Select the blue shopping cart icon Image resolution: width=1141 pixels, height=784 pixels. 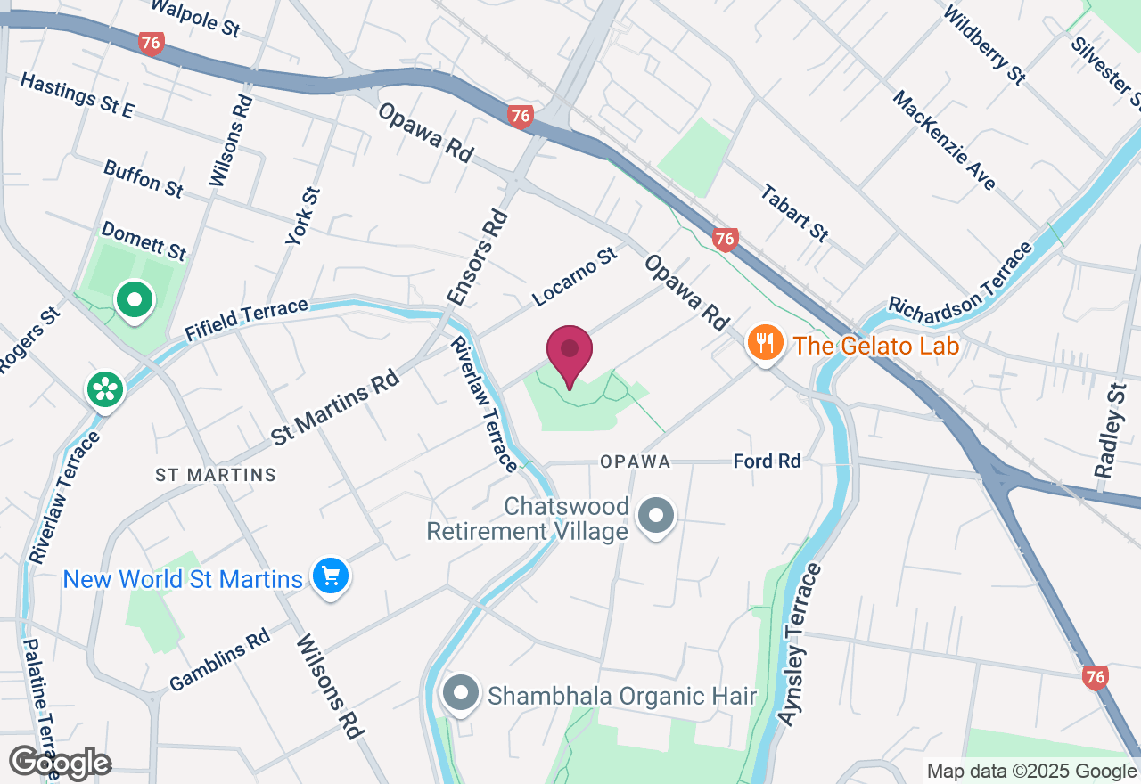(x=331, y=576)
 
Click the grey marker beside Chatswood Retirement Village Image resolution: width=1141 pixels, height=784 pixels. (x=657, y=515)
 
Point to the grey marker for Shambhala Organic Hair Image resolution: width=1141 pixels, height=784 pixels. (x=461, y=693)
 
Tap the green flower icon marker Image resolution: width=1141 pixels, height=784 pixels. (x=105, y=388)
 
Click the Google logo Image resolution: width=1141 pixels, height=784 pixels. (x=60, y=764)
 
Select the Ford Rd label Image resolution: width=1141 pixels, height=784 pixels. (x=767, y=461)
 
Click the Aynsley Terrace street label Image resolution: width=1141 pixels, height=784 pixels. (x=800, y=643)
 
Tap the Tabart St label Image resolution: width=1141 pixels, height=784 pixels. (x=794, y=214)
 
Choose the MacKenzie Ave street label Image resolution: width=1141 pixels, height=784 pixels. (x=943, y=140)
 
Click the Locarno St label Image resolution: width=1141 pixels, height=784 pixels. (x=575, y=277)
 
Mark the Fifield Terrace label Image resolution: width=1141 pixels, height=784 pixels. (x=247, y=319)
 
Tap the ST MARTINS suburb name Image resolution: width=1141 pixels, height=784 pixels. (x=216, y=475)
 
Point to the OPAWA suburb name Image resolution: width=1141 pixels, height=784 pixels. (x=635, y=461)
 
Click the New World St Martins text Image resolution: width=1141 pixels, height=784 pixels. (x=183, y=579)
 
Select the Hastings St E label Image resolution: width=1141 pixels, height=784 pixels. (x=77, y=95)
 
